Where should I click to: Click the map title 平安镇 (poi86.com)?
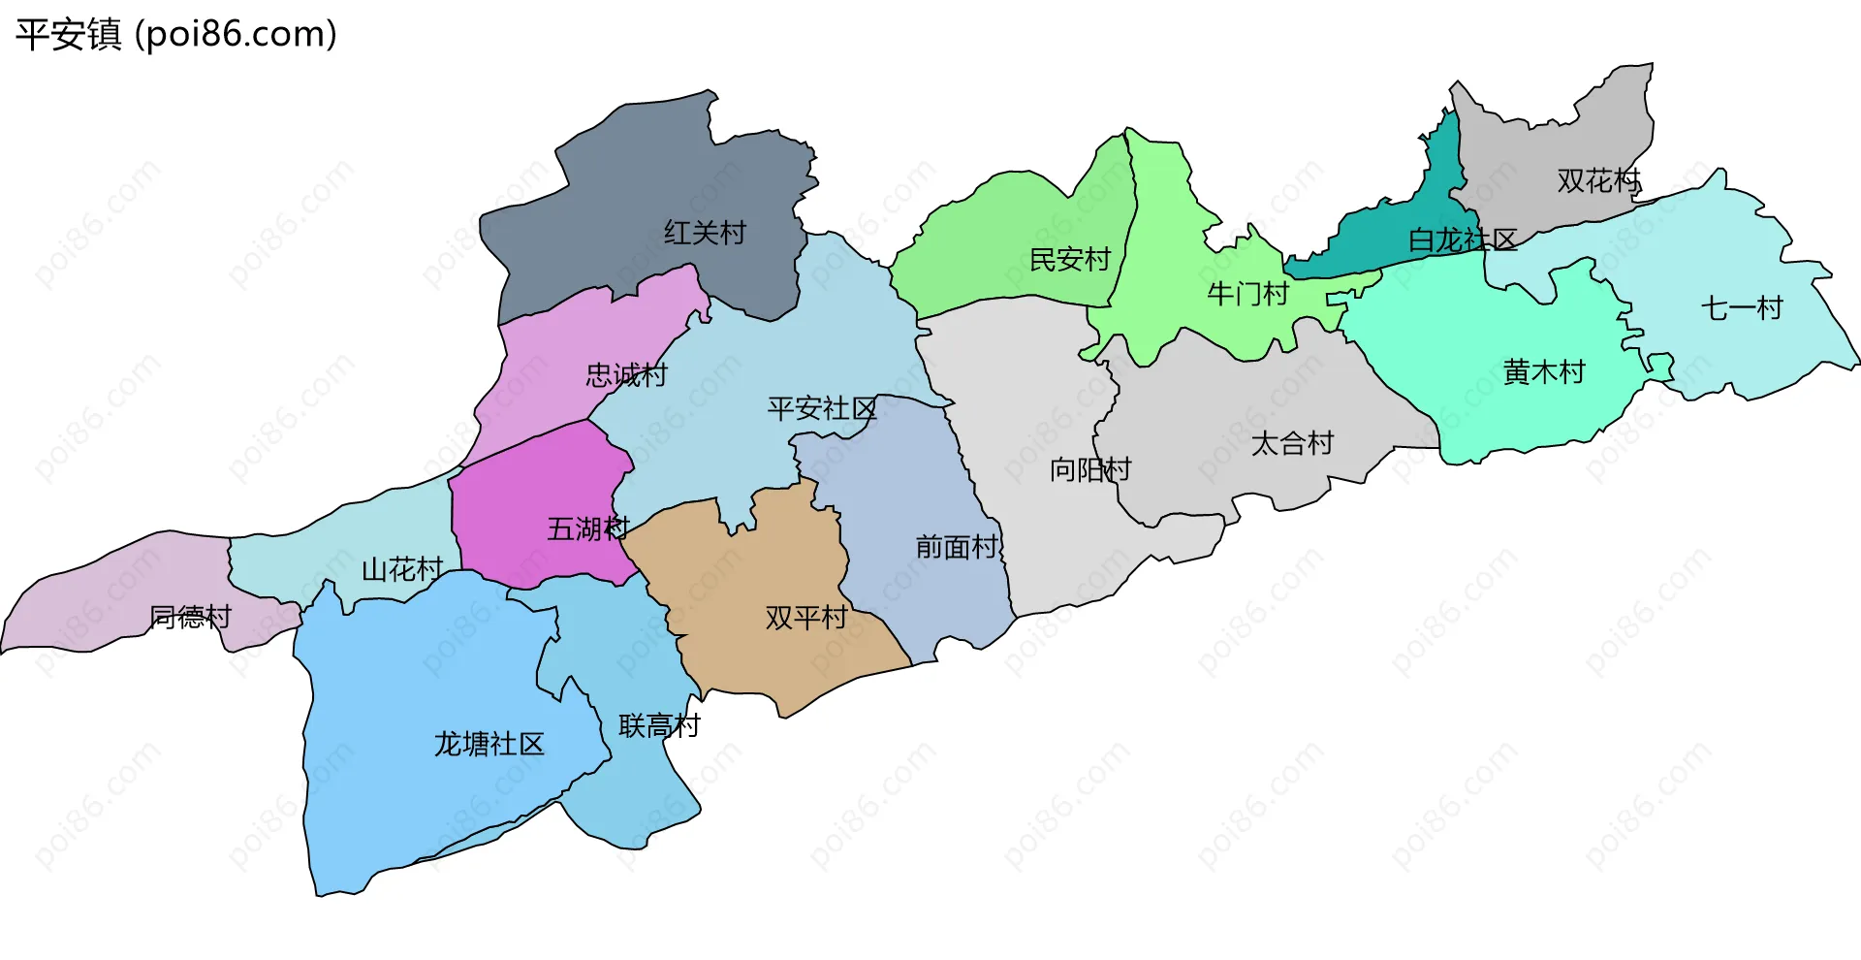pos(175,35)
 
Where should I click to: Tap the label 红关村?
pos(705,233)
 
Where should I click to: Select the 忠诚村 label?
pos(626,375)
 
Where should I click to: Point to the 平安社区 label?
pos(822,408)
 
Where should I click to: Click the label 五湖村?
pos(588,528)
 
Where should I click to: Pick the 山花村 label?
pos(402,569)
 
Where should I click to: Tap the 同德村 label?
pos(190,617)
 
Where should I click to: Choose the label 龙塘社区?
pos(489,744)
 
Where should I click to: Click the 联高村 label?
pos(659,725)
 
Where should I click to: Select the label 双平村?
pos(806,618)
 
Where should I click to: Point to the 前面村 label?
pos(957,547)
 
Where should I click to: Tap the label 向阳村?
pos(1090,470)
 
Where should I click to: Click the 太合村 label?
pos(1292,444)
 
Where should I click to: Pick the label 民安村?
pos(1069,260)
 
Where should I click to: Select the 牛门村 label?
pos(1248,294)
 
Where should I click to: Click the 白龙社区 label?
pos(1462,240)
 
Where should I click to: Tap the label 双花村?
pos(1598,180)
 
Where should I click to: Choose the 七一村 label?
pos(1742,308)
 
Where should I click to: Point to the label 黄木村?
pos(1544,372)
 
